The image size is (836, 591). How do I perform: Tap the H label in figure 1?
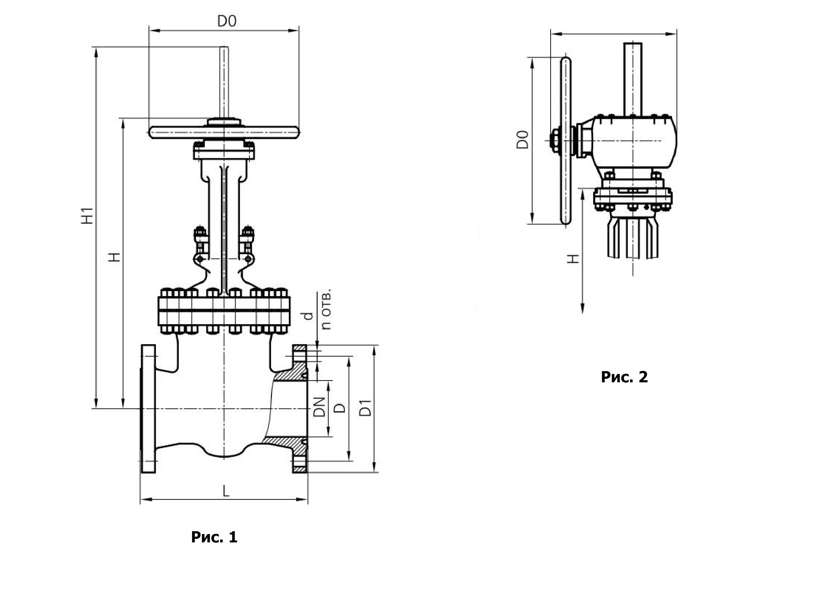[115, 257]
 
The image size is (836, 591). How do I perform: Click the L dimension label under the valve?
[226, 492]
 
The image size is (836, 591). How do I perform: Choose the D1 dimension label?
[365, 408]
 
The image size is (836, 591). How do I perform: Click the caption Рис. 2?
[624, 377]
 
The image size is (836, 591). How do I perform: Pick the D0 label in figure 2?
[522, 139]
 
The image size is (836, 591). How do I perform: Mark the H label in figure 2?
[573, 259]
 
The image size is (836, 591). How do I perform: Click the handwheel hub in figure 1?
[224, 122]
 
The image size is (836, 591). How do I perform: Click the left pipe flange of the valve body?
[148, 409]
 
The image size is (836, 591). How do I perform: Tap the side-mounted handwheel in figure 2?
[566, 141]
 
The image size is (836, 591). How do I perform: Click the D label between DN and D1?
[339, 408]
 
